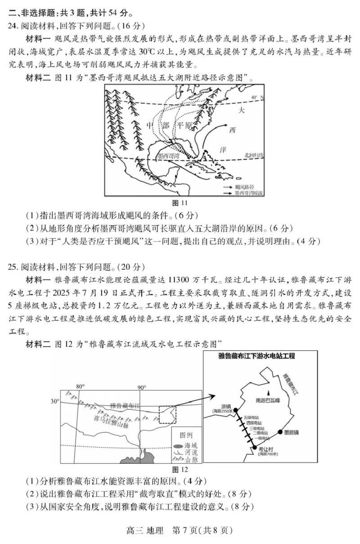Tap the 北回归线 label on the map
[x=254, y=155]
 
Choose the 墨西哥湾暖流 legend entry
[x=248, y=192]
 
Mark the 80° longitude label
[x=80, y=387]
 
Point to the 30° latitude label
[x=54, y=401]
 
